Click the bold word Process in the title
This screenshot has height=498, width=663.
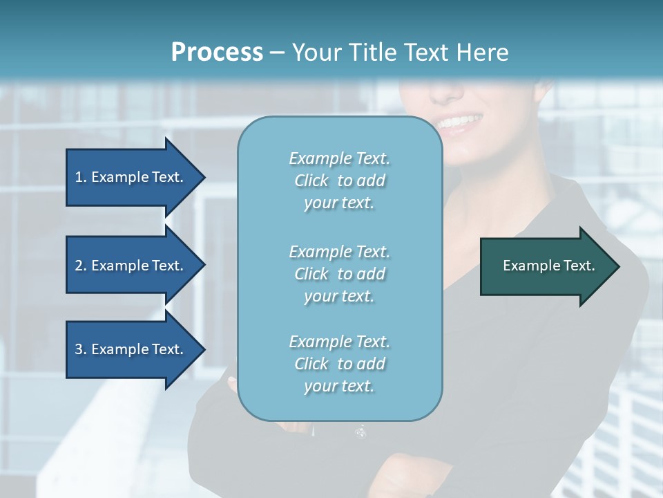tap(217, 52)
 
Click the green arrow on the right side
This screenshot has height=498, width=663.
tap(546, 266)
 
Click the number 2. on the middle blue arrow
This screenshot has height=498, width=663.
tap(80, 266)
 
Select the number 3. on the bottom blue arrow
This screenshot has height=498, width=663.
tap(80, 349)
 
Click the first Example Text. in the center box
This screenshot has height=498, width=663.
tap(339, 158)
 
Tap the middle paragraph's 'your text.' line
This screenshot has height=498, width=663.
tap(339, 296)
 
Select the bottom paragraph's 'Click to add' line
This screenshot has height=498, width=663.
tap(339, 364)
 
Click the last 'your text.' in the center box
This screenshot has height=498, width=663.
tap(339, 386)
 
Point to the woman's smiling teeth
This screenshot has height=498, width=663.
tap(459, 123)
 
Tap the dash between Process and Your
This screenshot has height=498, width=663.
tap(277, 53)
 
